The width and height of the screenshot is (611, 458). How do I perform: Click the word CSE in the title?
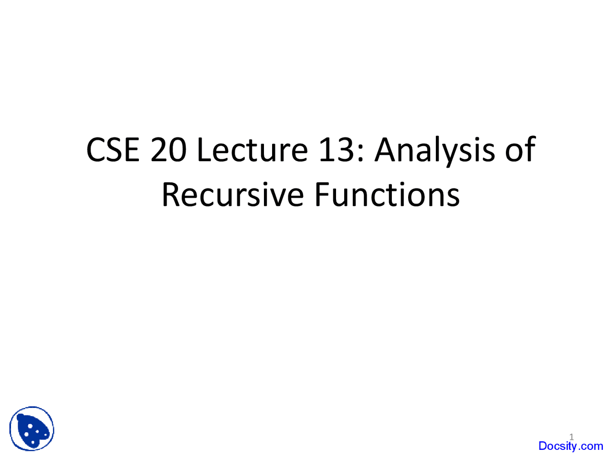pyautogui.click(x=113, y=149)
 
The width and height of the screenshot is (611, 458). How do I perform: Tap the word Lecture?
pyautogui.click(x=252, y=149)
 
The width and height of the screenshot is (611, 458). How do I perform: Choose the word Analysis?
pyautogui.click(x=435, y=150)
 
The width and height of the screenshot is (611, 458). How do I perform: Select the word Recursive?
pyautogui.click(x=232, y=195)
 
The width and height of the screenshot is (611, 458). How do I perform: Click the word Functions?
pyautogui.click(x=387, y=195)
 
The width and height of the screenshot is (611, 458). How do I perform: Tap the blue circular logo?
pyautogui.click(x=32, y=429)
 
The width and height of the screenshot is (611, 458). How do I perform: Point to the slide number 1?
pyautogui.click(x=571, y=437)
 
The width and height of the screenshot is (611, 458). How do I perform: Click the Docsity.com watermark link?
pyautogui.click(x=570, y=446)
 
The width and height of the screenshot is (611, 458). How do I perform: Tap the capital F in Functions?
pyautogui.click(x=321, y=195)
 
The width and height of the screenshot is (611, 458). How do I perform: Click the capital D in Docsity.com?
pyautogui.click(x=543, y=446)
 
